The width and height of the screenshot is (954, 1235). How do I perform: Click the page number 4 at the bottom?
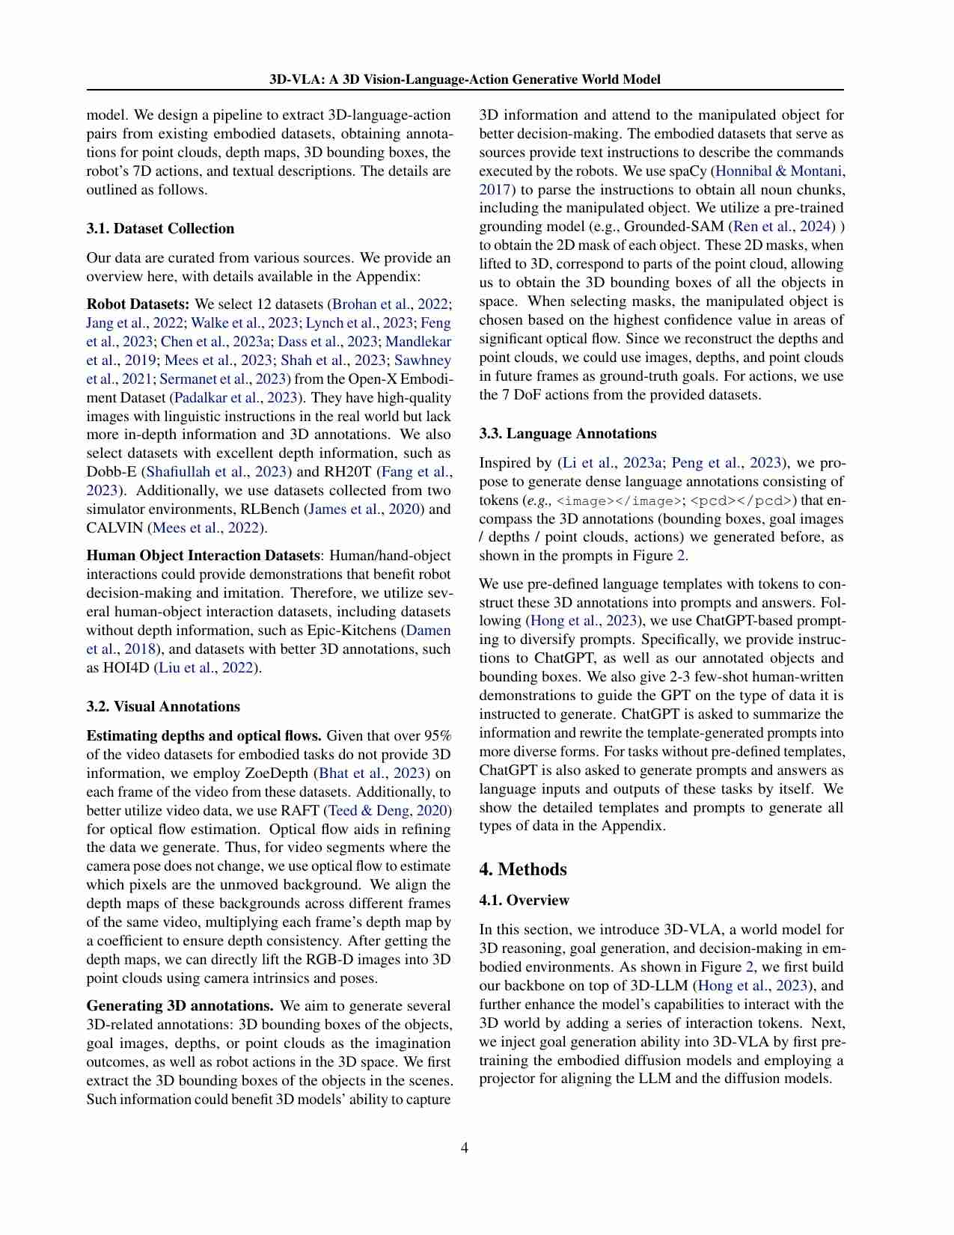coord(465,1147)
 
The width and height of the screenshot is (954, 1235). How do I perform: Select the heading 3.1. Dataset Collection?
coord(160,229)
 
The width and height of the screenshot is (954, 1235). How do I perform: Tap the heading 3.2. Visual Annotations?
coord(163,707)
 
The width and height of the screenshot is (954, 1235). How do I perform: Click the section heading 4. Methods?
coord(523,869)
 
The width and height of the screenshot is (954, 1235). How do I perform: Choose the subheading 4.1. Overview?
coord(524,901)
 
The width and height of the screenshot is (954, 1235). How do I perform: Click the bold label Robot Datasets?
coord(138,304)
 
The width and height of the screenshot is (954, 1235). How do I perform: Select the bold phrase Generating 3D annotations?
coord(180,1006)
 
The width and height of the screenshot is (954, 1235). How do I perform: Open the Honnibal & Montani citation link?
coord(778,171)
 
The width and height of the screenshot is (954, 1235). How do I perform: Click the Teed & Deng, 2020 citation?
coord(388,811)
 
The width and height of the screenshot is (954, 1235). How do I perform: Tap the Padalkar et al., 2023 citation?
coord(237,398)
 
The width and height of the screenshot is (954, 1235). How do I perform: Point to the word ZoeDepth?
coord(280,773)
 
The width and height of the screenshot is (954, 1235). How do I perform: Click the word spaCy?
coord(688,171)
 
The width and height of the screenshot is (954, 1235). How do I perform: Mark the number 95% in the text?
coord(436,736)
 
